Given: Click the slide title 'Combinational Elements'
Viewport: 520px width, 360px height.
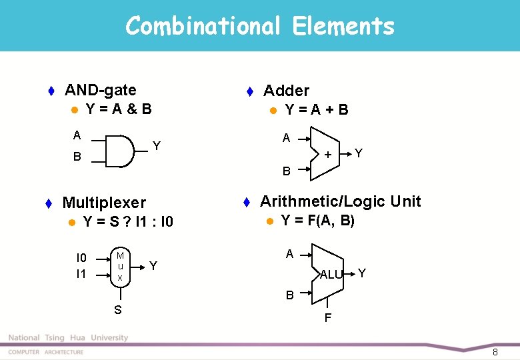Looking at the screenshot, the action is [259, 26].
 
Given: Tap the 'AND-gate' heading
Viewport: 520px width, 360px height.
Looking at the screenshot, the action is [100, 90].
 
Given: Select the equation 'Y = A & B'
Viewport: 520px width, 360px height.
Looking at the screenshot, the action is [119, 108].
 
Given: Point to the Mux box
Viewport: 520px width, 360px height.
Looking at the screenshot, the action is [120, 266].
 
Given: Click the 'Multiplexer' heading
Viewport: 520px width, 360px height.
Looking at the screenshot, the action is [103, 203].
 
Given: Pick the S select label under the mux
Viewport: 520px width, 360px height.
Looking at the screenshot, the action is [118, 309].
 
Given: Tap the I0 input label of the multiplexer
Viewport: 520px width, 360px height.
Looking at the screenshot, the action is [81, 257].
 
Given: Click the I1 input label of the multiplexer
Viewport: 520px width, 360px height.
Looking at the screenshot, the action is [81, 273].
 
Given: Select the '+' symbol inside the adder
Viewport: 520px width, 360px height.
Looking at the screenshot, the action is [327, 155].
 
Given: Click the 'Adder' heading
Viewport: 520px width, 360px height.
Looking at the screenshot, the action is [286, 91].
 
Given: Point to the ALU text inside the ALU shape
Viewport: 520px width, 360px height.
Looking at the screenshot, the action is [331, 275].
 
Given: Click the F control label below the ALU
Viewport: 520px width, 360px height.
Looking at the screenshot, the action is [328, 318].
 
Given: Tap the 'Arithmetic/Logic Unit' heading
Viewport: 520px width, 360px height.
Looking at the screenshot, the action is [340, 201].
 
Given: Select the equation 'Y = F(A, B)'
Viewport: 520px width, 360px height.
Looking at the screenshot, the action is [317, 221].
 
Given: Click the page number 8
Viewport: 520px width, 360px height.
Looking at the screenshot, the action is [495, 351].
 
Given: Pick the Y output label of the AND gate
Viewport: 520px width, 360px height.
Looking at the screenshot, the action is [157, 145].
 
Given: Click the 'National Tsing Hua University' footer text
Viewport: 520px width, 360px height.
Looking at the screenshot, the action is [68, 338].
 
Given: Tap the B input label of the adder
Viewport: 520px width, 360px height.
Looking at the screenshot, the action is [286, 171].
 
